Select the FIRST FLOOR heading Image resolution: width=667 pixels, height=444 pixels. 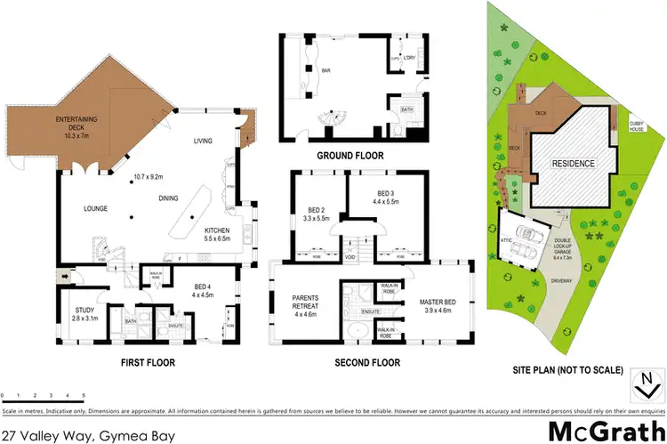[x=149, y=363]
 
